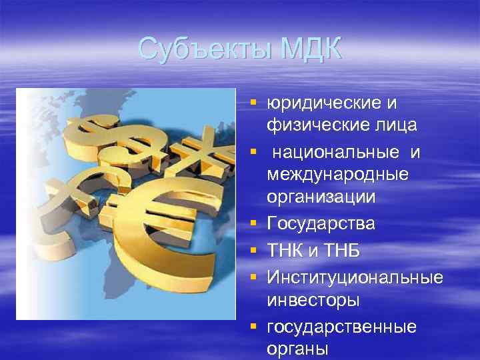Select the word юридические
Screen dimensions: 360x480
323,103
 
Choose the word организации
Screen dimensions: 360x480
321,197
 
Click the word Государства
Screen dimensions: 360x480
320,223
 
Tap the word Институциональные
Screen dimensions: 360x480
354,277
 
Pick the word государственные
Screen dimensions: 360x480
341,327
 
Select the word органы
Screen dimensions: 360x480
297,349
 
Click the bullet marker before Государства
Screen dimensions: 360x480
253,223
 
